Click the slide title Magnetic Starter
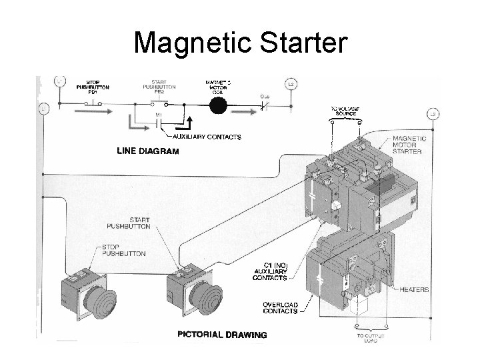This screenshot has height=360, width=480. click(240, 43)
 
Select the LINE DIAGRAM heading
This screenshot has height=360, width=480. click(148, 151)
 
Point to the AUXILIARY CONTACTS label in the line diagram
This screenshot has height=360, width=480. click(207, 137)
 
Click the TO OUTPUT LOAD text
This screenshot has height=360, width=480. click(360, 337)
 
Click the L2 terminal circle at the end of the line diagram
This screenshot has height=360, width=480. click(291, 85)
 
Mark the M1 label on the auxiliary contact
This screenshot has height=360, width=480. click(159, 115)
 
